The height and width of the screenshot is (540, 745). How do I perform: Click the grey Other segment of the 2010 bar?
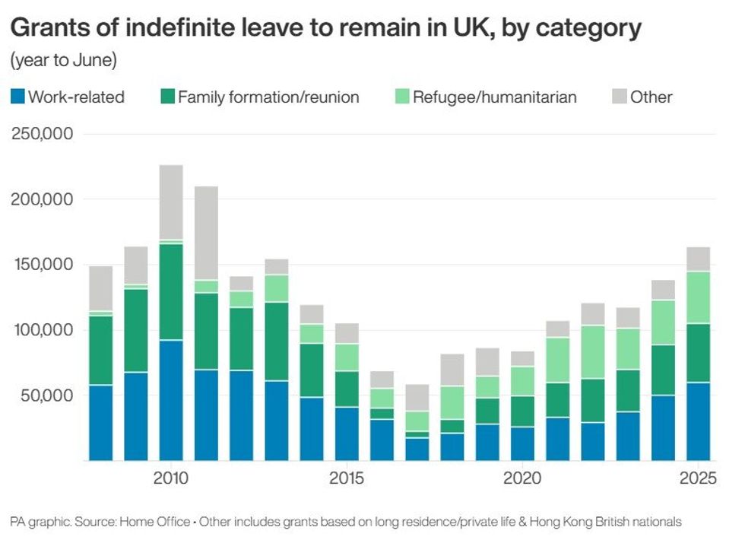pos(171,202)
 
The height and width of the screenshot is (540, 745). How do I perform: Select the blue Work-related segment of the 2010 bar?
pos(171,400)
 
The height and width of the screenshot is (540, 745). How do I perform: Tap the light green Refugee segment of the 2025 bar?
pos(699,297)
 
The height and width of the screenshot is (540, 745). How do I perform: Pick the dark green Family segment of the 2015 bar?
pos(347,389)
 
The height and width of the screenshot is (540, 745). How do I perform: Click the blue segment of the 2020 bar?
pos(522,443)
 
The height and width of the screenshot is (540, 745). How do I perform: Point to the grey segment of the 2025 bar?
pos(699,259)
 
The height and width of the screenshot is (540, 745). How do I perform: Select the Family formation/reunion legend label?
pos(268,97)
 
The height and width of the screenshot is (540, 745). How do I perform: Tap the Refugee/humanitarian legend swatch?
pos(401,97)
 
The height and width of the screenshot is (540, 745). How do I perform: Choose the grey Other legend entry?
pos(642,97)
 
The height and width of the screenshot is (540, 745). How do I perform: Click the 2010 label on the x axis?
pos(171,479)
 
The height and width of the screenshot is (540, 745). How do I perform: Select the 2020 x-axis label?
pos(522,479)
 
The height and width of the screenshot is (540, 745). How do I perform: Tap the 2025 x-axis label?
pos(699,479)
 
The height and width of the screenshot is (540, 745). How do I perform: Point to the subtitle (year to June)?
pos(63,59)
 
